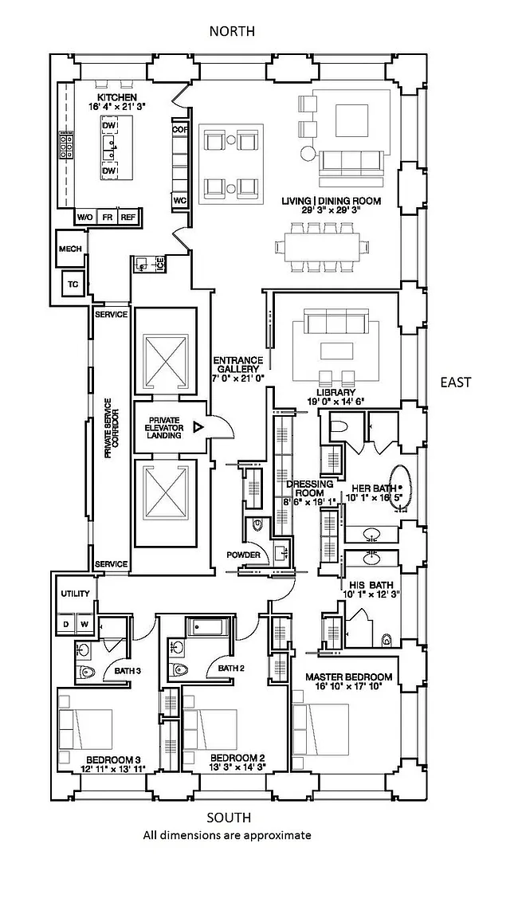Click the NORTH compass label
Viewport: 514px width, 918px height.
point(232,31)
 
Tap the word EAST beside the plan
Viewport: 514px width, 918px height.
point(456,382)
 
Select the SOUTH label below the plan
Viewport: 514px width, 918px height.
point(229,818)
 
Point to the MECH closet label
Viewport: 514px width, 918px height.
point(70,249)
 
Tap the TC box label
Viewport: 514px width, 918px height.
point(73,284)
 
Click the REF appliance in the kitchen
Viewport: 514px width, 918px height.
point(128,217)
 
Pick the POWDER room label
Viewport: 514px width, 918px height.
point(243,555)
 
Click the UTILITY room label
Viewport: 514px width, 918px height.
point(74,594)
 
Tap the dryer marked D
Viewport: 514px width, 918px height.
point(66,624)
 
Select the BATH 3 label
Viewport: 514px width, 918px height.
point(128,671)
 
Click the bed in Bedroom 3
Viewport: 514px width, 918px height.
point(85,728)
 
